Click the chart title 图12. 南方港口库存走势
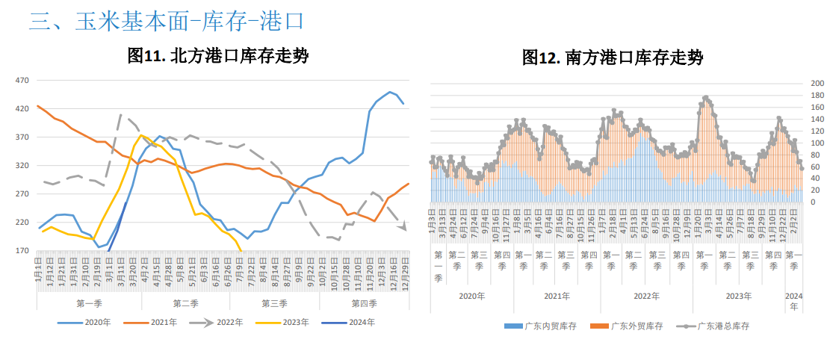613,58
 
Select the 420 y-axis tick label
22,109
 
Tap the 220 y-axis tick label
22,223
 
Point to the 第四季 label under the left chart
364,303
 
